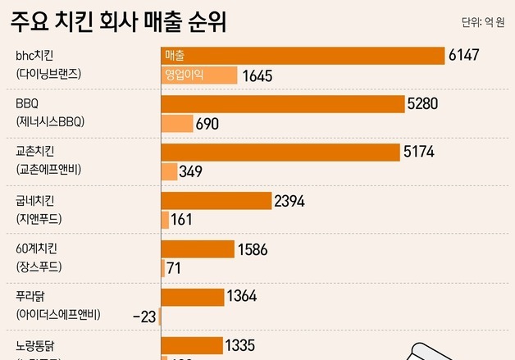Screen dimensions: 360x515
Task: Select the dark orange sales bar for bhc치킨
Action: pyautogui.click(x=302, y=56)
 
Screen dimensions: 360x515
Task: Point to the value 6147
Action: pyautogui.click(x=463, y=56)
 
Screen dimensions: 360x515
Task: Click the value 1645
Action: pyautogui.click(x=257, y=76)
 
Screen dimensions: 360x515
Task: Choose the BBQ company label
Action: pyautogui.click(x=27, y=103)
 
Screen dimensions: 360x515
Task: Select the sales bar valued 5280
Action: pyautogui.click(x=283, y=104)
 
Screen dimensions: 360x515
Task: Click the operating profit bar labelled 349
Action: pyautogui.click(x=169, y=171)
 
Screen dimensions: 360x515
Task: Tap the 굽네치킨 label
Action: pyautogui.click(x=38, y=199)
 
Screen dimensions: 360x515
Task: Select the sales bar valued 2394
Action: pyautogui.click(x=216, y=200)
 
